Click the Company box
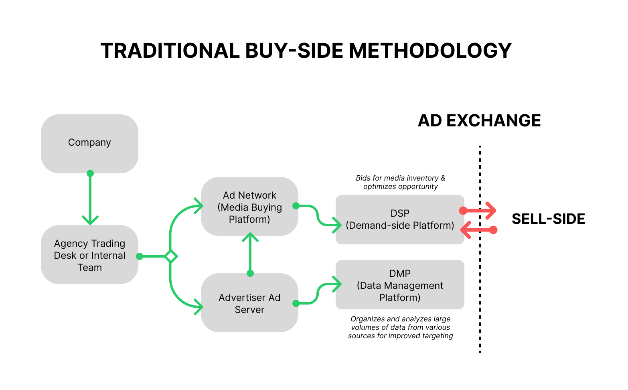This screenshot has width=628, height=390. click(89, 144)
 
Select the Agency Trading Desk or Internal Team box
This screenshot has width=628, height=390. click(89, 255)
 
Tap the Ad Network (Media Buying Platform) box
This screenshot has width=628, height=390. click(249, 207)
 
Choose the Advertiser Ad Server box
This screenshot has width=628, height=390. click(249, 303)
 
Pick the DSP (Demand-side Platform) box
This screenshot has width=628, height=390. click(400, 219)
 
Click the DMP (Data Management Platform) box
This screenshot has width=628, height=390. click(400, 285)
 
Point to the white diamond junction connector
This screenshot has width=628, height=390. click(171, 256)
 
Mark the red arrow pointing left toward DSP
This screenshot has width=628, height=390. click(479, 230)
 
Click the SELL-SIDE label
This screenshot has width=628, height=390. click(548, 219)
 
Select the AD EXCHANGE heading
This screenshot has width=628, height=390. click(479, 121)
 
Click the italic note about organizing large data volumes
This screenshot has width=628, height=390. click(400, 327)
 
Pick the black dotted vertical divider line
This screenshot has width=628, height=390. click(480, 281)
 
